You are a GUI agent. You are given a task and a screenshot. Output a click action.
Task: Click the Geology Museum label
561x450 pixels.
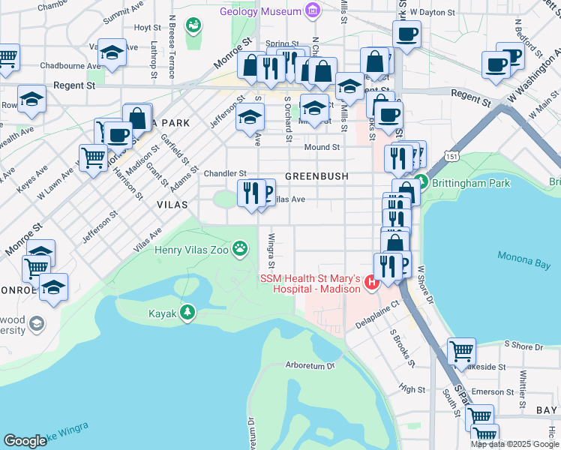point(260,11)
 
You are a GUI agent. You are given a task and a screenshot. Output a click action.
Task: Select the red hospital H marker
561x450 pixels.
point(370,284)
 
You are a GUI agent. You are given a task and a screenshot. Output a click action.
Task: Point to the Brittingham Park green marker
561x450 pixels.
point(421,182)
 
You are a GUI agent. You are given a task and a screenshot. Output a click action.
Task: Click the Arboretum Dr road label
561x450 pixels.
point(309,366)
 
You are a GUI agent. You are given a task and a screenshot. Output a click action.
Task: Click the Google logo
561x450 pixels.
point(25,441)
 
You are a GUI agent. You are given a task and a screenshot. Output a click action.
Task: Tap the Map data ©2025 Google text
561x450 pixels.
point(514,444)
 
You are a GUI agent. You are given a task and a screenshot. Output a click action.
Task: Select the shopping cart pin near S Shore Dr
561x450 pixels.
point(461,351)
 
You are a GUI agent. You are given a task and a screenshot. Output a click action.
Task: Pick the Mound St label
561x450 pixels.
point(322,147)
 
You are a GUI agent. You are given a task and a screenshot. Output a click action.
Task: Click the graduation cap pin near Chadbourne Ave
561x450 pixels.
point(112,52)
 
